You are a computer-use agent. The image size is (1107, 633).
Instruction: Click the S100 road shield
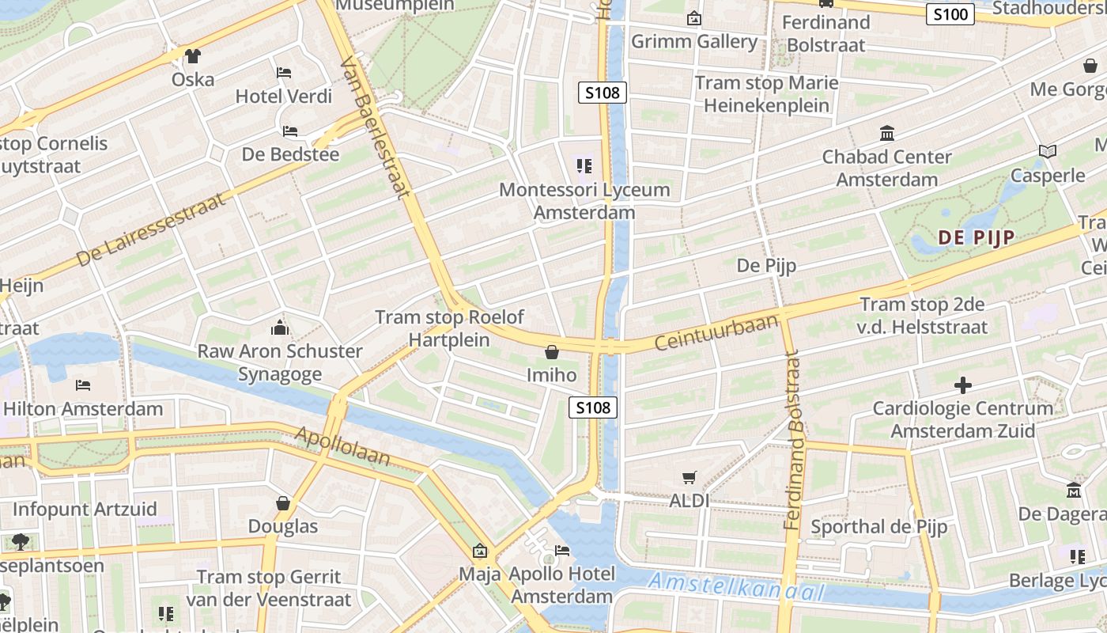pos(950,14)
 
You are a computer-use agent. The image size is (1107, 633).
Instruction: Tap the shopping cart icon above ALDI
pos(689,477)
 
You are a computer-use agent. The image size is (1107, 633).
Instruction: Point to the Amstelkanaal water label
pos(735,588)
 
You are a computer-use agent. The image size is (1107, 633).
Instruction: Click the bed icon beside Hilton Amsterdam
pos(83,385)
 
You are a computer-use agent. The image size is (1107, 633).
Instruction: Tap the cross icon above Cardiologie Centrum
pos(962,385)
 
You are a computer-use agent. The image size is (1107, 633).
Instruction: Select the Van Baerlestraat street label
pos(376,127)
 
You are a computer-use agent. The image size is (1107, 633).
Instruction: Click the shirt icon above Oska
pos(192,56)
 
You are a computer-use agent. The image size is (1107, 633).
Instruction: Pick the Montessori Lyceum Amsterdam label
pos(584,201)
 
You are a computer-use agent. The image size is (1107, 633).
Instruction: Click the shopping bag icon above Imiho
pos(552,351)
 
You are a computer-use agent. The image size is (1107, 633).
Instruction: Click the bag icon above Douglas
pos(283,503)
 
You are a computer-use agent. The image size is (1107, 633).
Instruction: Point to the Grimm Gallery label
pos(693,41)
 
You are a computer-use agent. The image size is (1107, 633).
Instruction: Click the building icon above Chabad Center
pos(886,133)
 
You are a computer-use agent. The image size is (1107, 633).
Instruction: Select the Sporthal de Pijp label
pos(878,526)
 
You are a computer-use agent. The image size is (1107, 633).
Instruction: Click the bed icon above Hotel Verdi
pos(284,73)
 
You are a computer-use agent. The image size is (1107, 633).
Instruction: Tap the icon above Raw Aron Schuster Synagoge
pos(279,328)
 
